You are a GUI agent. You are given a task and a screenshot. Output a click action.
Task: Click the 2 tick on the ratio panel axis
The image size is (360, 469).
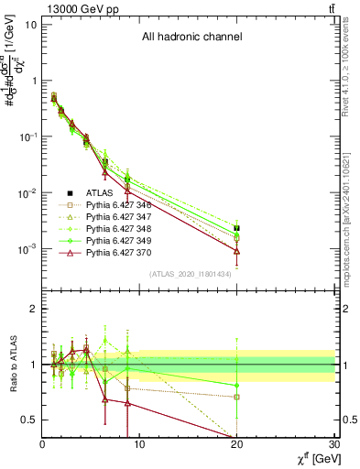point(34,309)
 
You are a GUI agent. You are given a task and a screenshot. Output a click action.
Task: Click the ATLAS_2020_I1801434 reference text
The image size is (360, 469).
point(191,273)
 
